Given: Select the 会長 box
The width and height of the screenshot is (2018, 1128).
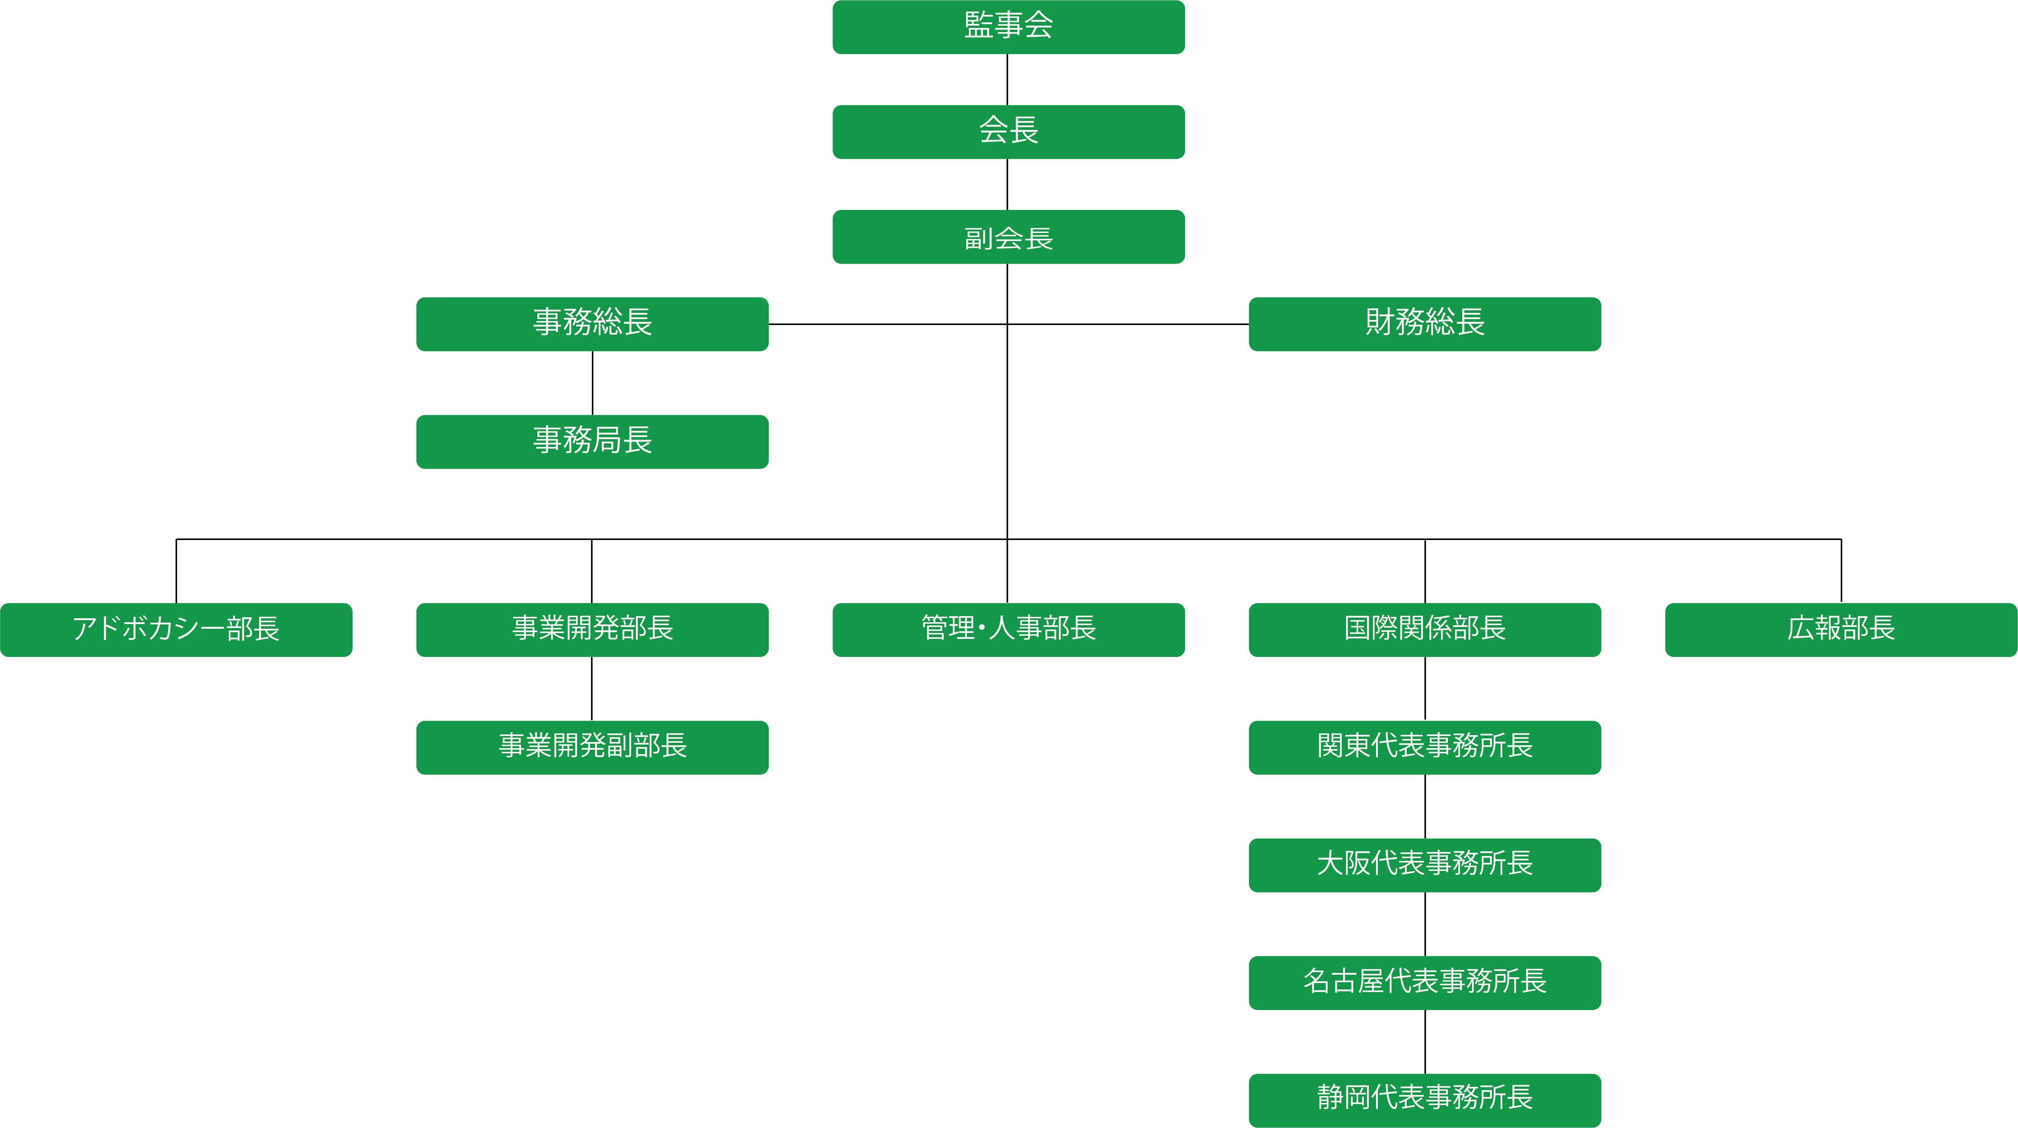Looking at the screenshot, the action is (x=1008, y=132).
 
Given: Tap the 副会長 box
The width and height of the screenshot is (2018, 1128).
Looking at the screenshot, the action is (x=1008, y=237).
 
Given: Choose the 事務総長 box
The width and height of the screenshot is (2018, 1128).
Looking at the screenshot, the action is (x=592, y=324).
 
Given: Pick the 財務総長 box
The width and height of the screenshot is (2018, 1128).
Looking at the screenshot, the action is (x=1425, y=324).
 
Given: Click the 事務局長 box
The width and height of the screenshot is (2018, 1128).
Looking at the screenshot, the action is (x=592, y=442).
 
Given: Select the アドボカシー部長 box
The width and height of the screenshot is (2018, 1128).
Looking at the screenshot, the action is (x=176, y=630).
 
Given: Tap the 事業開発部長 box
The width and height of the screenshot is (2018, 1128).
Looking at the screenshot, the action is (x=592, y=630).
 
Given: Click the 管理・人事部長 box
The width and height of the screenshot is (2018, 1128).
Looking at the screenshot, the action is (x=1008, y=630).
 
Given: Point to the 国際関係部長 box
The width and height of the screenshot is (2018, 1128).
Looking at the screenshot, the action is (x=1425, y=630).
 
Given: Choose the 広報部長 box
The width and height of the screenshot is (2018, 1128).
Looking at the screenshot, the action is (x=1841, y=630).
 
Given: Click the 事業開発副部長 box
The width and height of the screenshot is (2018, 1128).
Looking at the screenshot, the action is (x=592, y=747).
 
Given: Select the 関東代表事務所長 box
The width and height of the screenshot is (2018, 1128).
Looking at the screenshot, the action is (x=1425, y=747).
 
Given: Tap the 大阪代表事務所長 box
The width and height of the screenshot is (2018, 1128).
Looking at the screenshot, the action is (x=1425, y=865).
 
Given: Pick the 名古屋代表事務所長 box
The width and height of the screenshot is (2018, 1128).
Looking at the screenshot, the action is (x=1425, y=982).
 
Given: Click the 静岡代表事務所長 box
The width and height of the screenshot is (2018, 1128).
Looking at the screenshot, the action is (x=1425, y=1101).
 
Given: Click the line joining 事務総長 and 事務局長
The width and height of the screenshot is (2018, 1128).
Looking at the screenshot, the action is (x=592, y=383).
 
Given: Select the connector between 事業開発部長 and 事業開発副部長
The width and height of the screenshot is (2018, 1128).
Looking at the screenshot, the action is (x=592, y=689).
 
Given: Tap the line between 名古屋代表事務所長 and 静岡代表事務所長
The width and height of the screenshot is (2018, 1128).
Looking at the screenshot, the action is (x=1425, y=1042).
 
